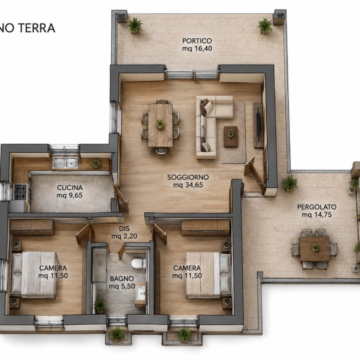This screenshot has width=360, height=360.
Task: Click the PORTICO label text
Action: pyautogui.click(x=197, y=41)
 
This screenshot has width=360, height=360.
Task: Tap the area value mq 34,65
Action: pyautogui.click(x=188, y=185)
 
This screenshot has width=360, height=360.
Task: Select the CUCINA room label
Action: pyautogui.click(x=70, y=187)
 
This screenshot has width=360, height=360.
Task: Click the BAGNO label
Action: pyautogui.click(x=122, y=279)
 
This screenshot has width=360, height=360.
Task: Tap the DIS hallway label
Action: pyautogui.click(x=124, y=228)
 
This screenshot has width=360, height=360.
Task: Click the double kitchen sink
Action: pyautogui.click(x=65, y=162)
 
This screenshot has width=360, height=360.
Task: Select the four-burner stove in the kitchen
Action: pyautogui.click(x=20, y=192)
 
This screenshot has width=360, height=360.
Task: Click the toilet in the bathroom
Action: pyautogui.click(x=138, y=264)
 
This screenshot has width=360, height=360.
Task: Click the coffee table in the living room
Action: pyautogui.click(x=231, y=136)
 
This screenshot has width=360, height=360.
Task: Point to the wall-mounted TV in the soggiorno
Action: pyautogui.click(x=259, y=125)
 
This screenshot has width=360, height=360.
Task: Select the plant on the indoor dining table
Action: pyautogui.click(x=160, y=124)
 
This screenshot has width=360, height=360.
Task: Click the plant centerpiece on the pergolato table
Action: pyautogui.click(x=315, y=248)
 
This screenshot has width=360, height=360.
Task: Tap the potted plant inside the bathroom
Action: pyautogui.click(x=100, y=306)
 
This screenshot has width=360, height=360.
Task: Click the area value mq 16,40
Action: pyautogui.click(x=197, y=48)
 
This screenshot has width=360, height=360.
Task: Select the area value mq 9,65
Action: pyautogui.click(x=70, y=195)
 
